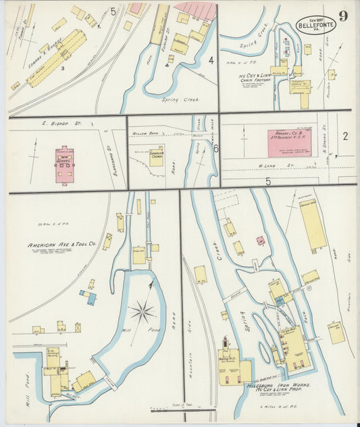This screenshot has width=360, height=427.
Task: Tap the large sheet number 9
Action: click(344, 16)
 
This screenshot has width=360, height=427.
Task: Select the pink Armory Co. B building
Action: click(292, 143)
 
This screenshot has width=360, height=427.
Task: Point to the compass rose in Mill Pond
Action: click(143, 311)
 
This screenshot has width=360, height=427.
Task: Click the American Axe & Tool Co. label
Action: click(61, 245)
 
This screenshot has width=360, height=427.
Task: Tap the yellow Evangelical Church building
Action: click(157, 157)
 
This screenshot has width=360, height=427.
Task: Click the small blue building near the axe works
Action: click(88, 295)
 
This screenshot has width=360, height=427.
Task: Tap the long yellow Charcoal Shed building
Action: click(313, 225)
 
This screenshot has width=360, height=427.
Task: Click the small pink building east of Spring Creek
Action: click(260, 240)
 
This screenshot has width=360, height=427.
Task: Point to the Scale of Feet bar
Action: click(182, 409)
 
